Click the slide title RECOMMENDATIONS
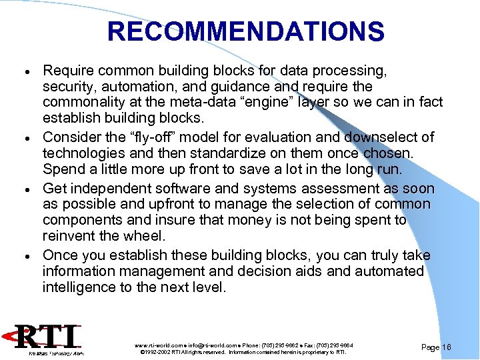coord(245,31)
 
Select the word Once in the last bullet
coord(59,255)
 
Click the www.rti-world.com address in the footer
coord(157,345)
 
